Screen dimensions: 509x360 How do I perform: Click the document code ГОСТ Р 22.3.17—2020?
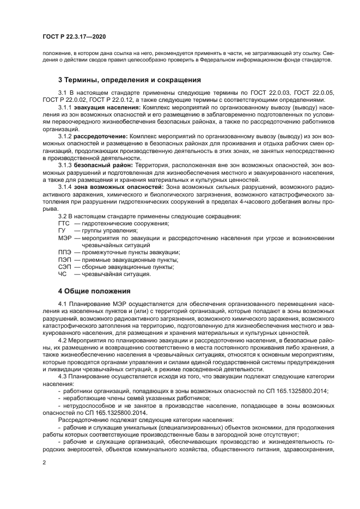pos(74,38)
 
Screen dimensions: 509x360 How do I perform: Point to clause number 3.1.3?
pos(65,164)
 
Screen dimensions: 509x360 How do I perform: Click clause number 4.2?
pos(62,340)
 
